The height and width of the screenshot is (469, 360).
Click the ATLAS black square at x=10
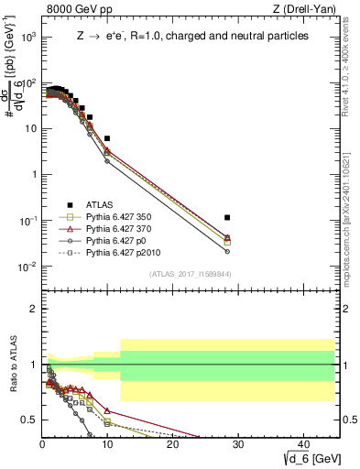pyautogui.click(x=107, y=138)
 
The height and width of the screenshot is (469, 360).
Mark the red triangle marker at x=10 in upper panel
pyautogui.click(x=107, y=149)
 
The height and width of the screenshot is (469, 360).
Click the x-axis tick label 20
pyautogui.click(x=172, y=445)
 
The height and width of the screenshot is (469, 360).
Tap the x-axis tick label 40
pyautogui.click(x=302, y=445)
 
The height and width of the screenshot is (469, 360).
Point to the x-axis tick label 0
pyautogui.click(x=42, y=445)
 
